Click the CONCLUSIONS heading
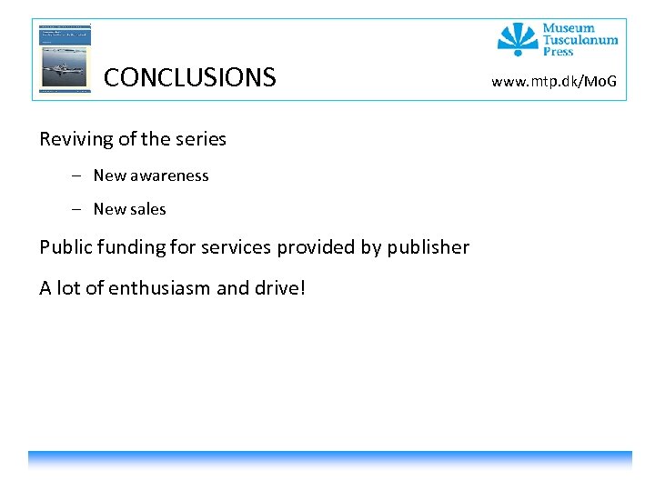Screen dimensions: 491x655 (x=189, y=77)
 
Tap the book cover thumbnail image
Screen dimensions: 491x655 (x=65, y=57)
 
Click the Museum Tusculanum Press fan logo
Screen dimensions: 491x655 (x=518, y=38)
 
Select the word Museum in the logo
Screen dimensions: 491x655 (x=569, y=28)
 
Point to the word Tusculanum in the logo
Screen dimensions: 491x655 (x=579, y=40)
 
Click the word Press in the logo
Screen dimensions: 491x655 (x=558, y=52)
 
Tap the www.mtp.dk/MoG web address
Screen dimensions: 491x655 (x=554, y=83)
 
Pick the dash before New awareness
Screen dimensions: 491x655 (x=79, y=175)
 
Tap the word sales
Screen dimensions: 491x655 (x=149, y=209)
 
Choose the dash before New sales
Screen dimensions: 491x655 (x=79, y=209)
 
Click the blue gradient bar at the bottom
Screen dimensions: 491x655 (x=329, y=459)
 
